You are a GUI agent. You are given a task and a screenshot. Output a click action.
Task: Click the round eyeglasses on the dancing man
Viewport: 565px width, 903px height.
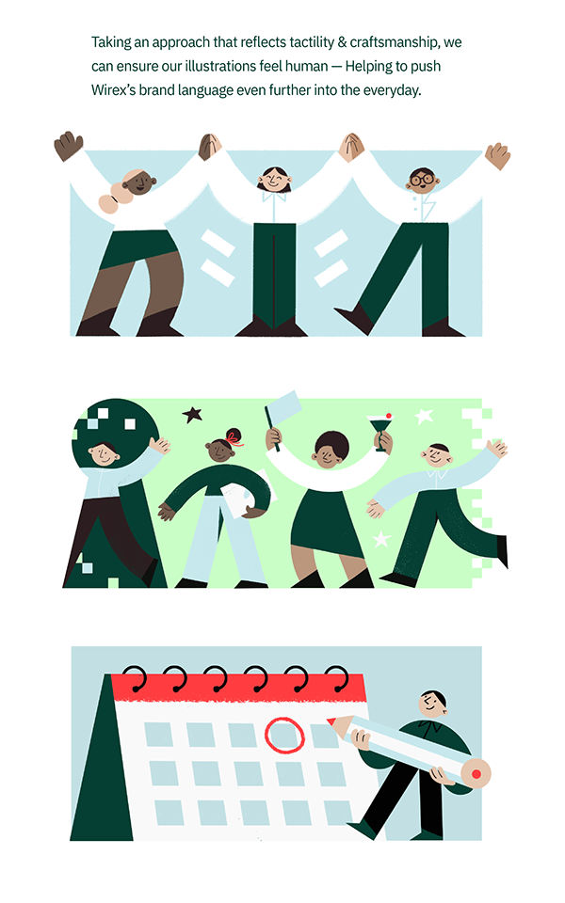click(x=422, y=178)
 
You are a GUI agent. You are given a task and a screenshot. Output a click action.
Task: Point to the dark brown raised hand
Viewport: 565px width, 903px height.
click(x=68, y=146)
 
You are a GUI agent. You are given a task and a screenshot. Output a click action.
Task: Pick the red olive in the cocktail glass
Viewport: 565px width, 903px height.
click(x=389, y=416)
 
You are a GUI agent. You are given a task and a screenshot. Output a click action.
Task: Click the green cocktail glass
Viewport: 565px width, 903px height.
click(x=379, y=430)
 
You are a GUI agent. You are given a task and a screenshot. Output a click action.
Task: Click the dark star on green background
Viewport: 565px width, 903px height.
click(x=192, y=414)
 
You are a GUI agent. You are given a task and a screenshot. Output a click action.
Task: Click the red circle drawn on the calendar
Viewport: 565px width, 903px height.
click(x=284, y=735)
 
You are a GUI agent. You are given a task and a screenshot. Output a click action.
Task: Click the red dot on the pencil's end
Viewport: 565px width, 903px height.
click(x=476, y=774)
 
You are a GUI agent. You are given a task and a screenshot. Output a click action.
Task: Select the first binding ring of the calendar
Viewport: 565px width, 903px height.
click(x=135, y=678)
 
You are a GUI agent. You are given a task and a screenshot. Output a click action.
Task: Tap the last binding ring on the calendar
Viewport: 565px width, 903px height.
click(x=337, y=678)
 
